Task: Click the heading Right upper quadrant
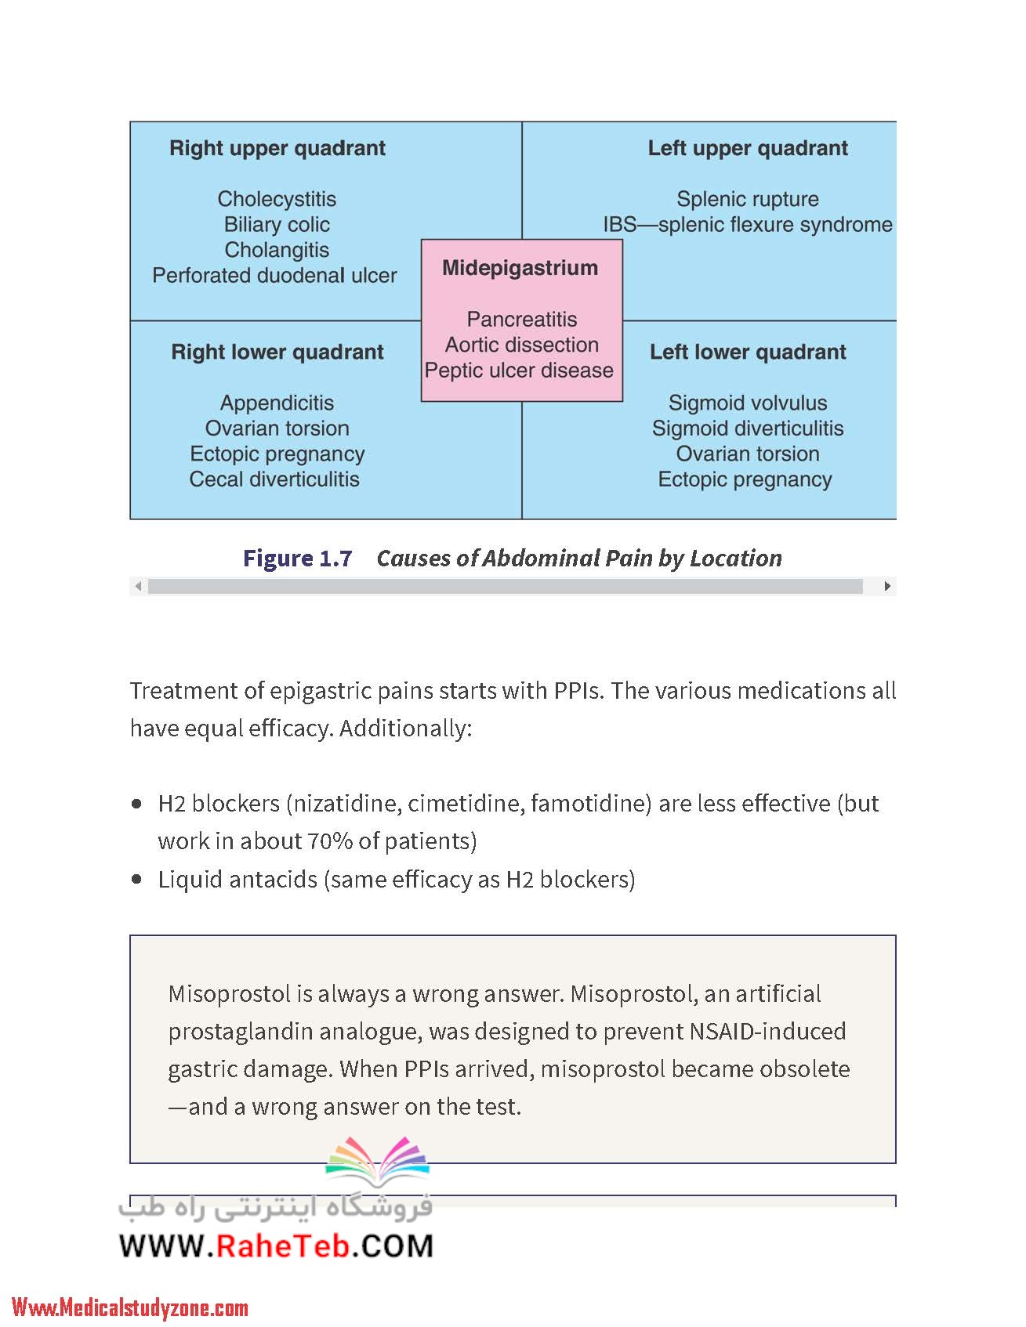(277, 149)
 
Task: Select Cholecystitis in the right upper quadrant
(277, 199)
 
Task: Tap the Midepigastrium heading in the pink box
(520, 269)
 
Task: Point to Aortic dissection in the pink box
(522, 345)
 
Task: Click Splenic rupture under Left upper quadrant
(748, 199)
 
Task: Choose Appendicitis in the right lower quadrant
(277, 403)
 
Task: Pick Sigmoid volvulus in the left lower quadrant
(748, 403)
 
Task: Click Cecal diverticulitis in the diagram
(274, 479)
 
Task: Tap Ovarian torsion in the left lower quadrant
(748, 454)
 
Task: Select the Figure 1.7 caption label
(297, 559)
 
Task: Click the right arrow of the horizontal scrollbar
(887, 586)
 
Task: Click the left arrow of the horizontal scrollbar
(139, 586)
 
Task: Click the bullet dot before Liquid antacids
(138, 880)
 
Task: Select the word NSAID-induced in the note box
(767, 1032)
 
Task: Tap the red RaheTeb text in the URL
(283, 1246)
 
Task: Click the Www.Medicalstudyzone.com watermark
(130, 1307)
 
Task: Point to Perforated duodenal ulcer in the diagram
(274, 276)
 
